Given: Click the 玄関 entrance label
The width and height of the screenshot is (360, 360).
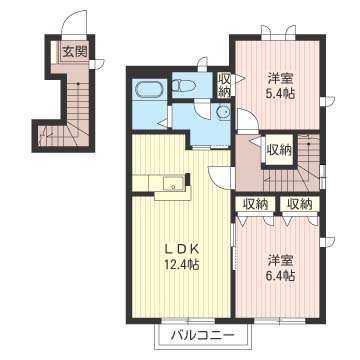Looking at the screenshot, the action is [75, 51].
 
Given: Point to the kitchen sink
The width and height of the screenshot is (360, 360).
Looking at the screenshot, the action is [173, 183].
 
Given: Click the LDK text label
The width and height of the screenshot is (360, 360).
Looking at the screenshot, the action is [182, 248].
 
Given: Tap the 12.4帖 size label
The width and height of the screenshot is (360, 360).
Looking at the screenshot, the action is [181, 265].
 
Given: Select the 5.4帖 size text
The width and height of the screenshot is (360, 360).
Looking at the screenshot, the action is [280, 94].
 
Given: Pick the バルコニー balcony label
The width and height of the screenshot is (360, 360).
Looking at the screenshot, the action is [203, 336].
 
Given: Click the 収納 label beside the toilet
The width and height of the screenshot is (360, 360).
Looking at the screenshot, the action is [224, 86].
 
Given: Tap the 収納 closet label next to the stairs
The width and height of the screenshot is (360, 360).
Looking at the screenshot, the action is [279, 151].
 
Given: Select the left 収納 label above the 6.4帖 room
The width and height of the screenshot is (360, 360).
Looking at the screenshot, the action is [255, 204].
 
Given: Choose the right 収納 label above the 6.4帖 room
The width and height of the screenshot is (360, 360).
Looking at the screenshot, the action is [299, 204].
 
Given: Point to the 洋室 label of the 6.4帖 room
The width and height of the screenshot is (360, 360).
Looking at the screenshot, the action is [280, 260].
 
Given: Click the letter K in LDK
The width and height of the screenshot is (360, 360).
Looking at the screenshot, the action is [195, 248].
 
